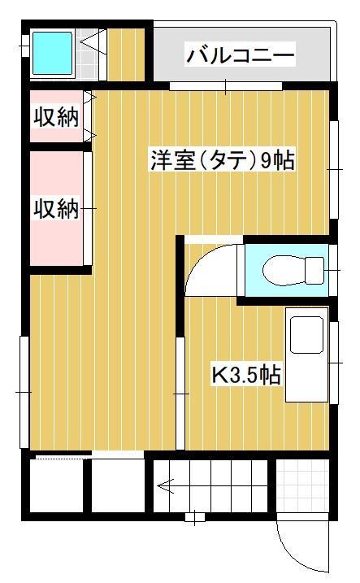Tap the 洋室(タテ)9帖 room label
[221, 160]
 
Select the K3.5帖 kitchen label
[246, 376]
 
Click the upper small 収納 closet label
[55, 117]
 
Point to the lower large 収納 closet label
[55, 209]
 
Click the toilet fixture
[288, 268]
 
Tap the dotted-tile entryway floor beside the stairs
[301, 487]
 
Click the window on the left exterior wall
[24, 391]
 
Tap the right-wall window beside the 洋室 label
[334, 169]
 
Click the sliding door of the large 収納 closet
[88, 208]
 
